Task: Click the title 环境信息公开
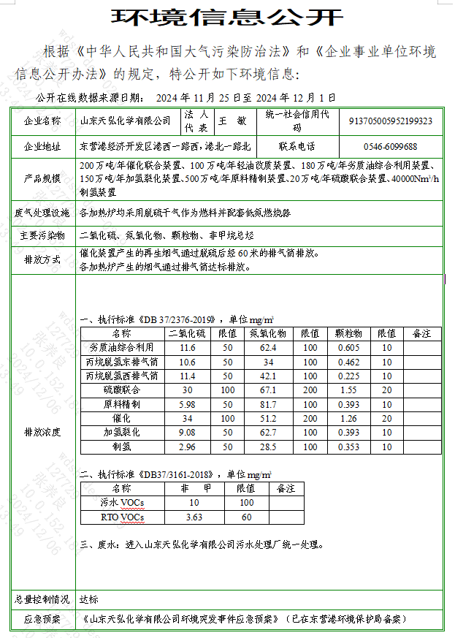[x=226, y=17]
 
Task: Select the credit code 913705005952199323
[x=391, y=121]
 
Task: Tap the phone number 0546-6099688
[x=391, y=146]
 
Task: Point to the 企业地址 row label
[x=43, y=146]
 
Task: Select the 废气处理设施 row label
[x=43, y=213]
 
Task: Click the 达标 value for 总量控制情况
[x=88, y=599]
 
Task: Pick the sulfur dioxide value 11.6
[x=188, y=347]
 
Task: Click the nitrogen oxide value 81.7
[x=269, y=404]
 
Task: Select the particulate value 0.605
[x=348, y=347]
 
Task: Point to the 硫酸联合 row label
[x=122, y=390]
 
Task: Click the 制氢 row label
[x=122, y=447]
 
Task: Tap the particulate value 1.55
[x=348, y=390]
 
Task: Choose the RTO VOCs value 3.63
[x=194, y=517]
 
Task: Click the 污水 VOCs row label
[x=122, y=502]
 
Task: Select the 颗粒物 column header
[x=348, y=333]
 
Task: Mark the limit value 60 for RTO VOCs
[x=246, y=517]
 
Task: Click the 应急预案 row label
[x=43, y=619]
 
